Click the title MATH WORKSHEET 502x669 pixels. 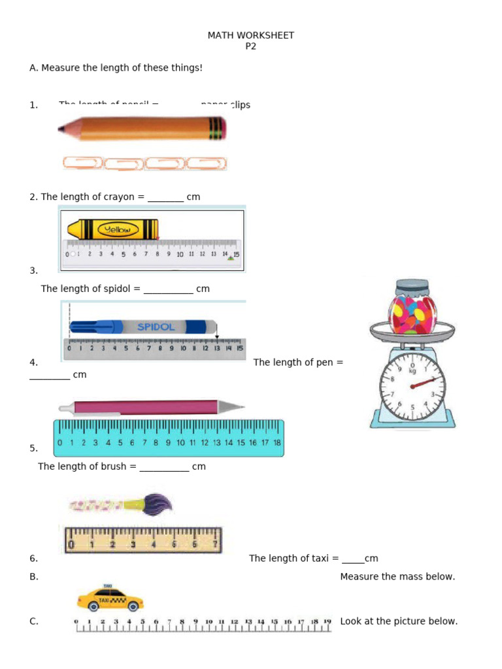[x=251, y=35]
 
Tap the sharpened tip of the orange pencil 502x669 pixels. [x=61, y=129]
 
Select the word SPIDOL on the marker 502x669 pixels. [x=156, y=327]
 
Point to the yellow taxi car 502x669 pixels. [x=110, y=597]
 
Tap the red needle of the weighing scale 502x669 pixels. [x=424, y=382]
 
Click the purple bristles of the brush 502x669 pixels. [x=158, y=504]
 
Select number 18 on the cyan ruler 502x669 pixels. [x=276, y=442]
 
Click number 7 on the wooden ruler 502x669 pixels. [x=215, y=544]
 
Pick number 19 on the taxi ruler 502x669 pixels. [x=327, y=621]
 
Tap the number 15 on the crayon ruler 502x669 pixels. [x=236, y=254]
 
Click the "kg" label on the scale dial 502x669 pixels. [x=412, y=370]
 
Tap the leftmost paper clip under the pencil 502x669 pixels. [x=82, y=163]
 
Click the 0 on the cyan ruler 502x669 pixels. [x=60, y=442]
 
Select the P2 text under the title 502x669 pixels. [x=251, y=46]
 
